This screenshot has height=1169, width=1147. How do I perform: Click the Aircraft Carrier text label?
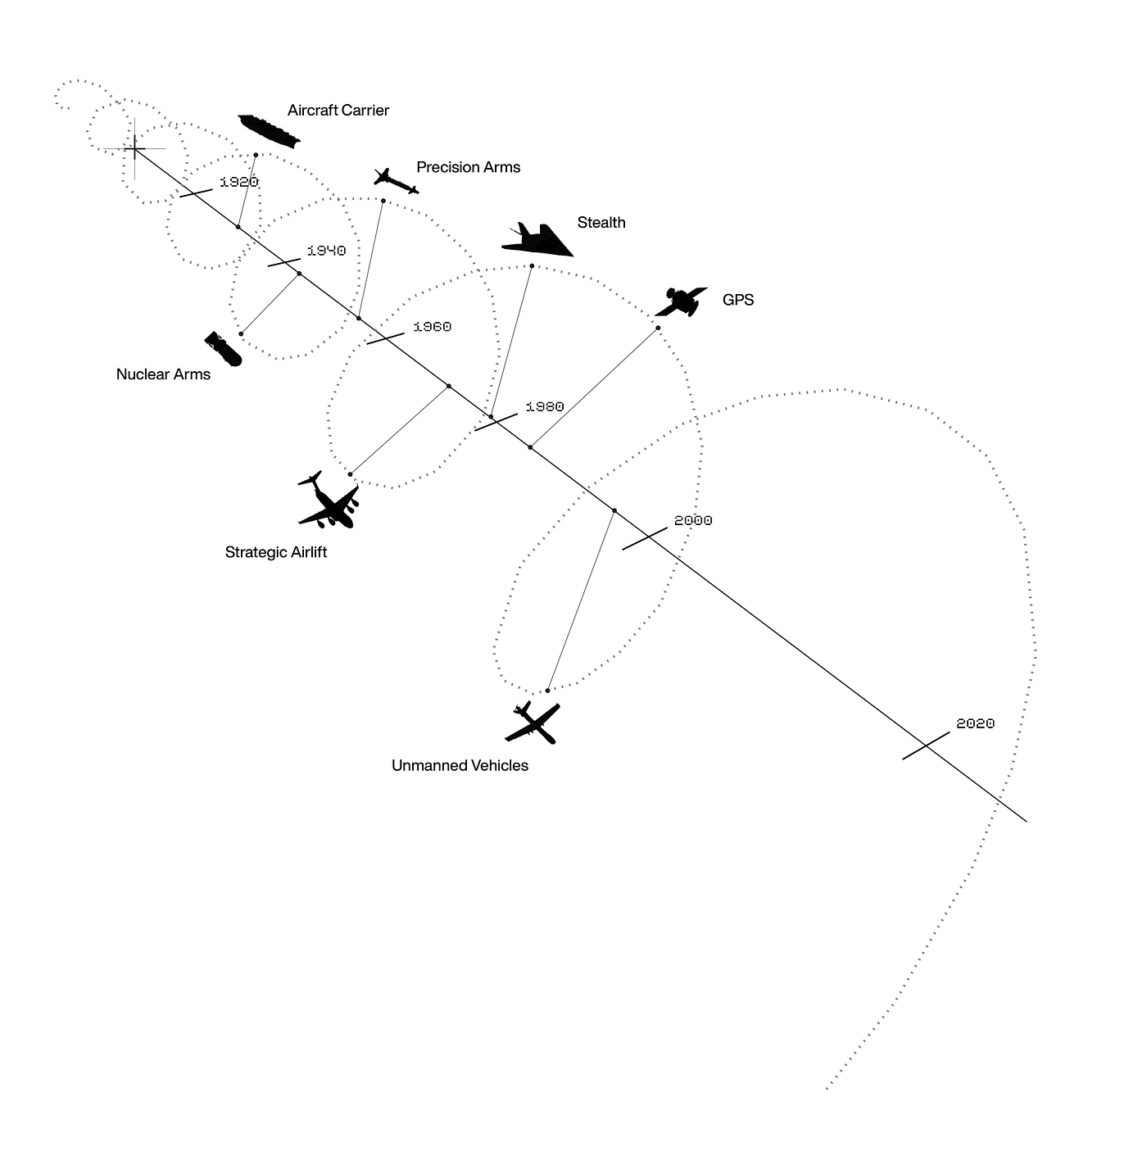point(338,111)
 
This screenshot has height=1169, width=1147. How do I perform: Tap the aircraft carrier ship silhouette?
point(269,130)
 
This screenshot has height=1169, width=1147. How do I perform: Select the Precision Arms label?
point(468,167)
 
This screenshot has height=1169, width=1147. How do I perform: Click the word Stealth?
point(601,223)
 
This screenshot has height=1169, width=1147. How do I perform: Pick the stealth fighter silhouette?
point(537,239)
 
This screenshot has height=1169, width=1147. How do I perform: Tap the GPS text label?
point(738,300)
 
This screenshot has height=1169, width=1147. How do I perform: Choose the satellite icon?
point(681,301)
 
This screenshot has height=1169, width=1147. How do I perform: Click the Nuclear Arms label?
point(163,374)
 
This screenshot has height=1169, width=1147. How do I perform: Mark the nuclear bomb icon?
point(224,349)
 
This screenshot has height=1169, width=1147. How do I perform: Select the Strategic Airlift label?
point(275,552)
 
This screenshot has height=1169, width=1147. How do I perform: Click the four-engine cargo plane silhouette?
point(329,500)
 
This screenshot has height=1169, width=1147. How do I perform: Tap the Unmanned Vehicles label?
point(460,766)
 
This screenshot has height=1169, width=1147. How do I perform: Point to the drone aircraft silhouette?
point(533,723)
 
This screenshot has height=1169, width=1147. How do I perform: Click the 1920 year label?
point(239,182)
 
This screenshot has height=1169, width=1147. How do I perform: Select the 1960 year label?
point(432,327)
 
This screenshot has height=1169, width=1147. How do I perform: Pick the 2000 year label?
point(693,520)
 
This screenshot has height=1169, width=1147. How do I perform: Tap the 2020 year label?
point(975,723)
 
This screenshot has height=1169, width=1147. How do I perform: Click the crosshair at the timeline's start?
point(134,148)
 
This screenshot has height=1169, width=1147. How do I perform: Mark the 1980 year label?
point(545,406)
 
